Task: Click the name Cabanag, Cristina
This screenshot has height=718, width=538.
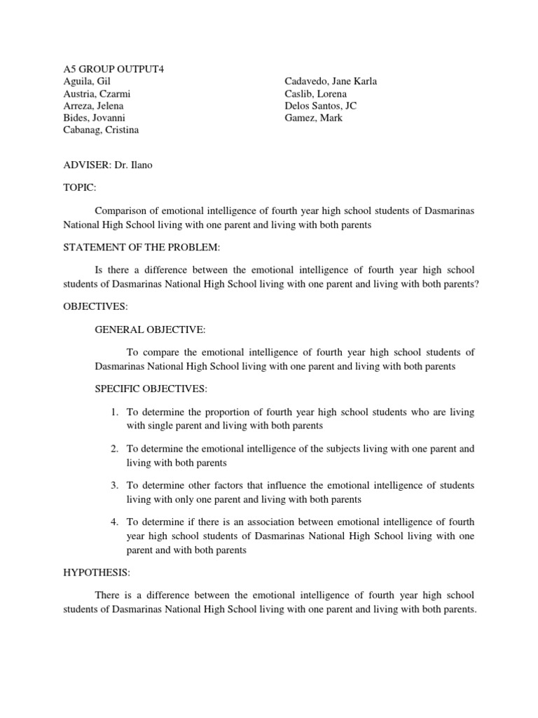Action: [x=101, y=130]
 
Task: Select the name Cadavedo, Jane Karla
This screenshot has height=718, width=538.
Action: [x=331, y=81]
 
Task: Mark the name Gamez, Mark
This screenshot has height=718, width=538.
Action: [x=314, y=118]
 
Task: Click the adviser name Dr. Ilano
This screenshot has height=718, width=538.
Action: [x=137, y=166]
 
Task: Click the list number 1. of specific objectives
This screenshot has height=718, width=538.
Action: [x=114, y=412]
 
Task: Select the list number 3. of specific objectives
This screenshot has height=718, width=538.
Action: [x=114, y=485]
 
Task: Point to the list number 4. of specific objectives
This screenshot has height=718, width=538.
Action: [x=114, y=522]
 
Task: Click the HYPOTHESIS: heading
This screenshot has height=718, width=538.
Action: [x=97, y=573]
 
